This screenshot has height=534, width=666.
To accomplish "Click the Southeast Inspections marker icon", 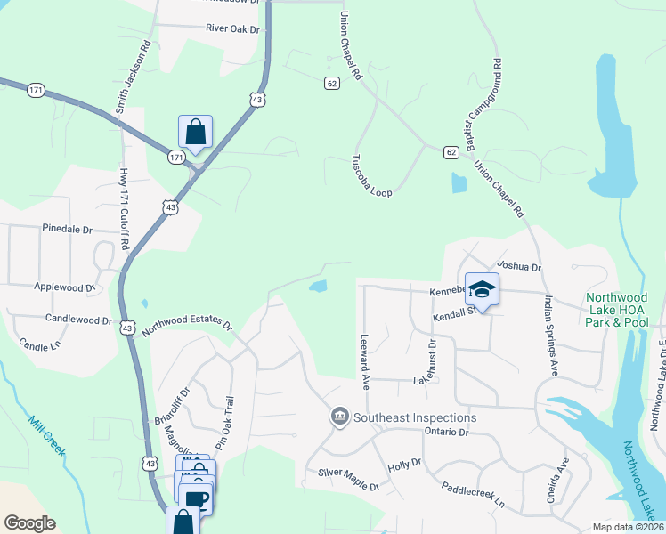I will click(x=339, y=417).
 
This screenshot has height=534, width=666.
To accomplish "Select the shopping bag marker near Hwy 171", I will click(x=195, y=133).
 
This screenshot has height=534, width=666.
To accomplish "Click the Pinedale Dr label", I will click(x=67, y=229).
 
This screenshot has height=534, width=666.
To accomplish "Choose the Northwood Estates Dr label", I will click(x=186, y=326).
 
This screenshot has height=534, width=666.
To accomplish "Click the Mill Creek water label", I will click(x=46, y=436).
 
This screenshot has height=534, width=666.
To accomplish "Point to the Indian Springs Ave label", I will click(x=549, y=336).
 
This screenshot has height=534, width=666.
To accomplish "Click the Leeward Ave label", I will click(x=364, y=361).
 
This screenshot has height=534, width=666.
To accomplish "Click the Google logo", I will click(x=29, y=523).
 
